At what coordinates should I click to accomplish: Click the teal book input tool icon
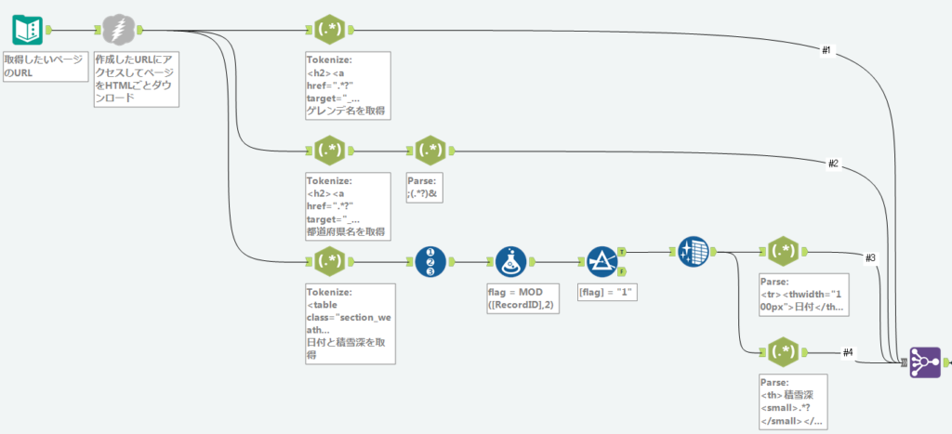(27, 31)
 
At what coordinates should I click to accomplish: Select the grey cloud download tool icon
(118, 29)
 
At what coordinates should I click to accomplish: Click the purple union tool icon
(925, 362)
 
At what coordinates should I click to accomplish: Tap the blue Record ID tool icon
(430, 262)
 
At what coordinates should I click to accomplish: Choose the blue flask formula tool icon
(511, 262)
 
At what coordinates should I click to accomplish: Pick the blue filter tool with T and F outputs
(602, 262)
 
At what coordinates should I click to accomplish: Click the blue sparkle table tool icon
(693, 251)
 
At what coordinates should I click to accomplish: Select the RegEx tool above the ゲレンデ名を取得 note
(330, 29)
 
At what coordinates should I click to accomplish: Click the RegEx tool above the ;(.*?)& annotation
(430, 151)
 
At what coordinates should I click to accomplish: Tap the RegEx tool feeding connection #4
(783, 352)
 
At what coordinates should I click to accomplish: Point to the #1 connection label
(826, 51)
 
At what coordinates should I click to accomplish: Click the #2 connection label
(834, 164)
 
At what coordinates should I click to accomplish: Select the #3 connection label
(870, 258)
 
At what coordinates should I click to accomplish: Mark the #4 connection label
(848, 352)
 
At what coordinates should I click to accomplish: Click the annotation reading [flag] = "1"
(607, 293)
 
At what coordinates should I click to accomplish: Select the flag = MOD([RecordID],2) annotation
(523, 299)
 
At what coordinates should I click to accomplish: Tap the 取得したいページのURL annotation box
(46, 66)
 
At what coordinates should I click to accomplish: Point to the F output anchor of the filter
(622, 271)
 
